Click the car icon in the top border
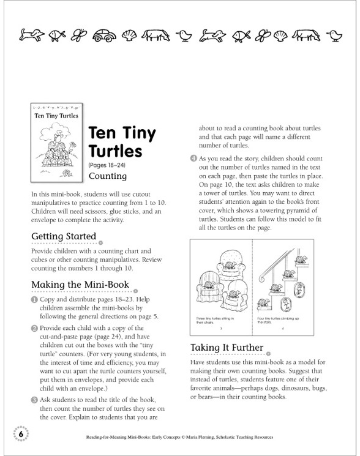103,36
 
